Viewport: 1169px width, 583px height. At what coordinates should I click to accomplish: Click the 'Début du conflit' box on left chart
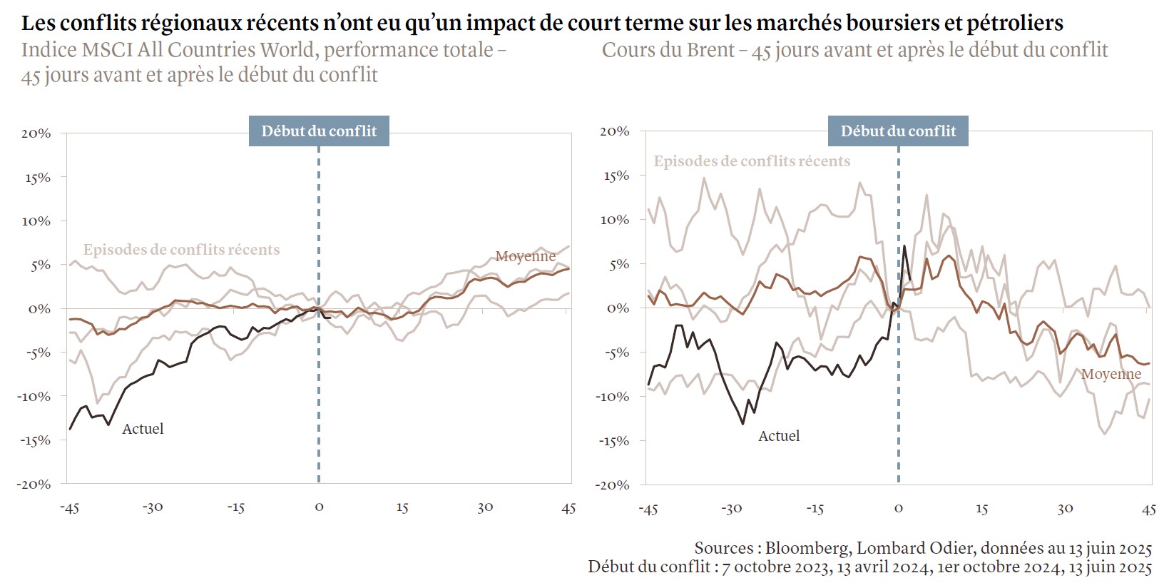(x=319, y=131)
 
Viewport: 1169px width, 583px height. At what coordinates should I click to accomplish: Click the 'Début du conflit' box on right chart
(x=898, y=131)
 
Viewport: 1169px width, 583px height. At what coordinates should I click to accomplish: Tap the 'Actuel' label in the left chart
(x=143, y=429)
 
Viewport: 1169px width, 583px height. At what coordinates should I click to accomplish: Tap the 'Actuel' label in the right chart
(x=779, y=436)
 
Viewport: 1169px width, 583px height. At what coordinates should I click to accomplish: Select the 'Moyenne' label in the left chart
(x=525, y=256)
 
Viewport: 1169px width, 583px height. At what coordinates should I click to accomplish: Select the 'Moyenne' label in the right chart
(x=1111, y=374)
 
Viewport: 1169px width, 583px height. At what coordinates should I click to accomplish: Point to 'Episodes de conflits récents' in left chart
(x=181, y=250)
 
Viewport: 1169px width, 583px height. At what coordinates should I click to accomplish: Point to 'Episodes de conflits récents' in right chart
(x=752, y=161)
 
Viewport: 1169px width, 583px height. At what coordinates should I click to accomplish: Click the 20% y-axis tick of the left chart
(x=36, y=133)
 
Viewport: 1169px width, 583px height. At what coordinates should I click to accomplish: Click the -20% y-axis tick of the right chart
(x=613, y=485)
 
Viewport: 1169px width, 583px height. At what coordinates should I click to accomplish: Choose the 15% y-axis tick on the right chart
(x=616, y=176)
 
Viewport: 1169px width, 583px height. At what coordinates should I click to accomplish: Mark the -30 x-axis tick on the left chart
(x=153, y=507)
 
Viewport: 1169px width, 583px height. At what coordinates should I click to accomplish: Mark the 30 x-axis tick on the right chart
(x=1065, y=509)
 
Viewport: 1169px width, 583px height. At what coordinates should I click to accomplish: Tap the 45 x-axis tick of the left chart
(x=568, y=507)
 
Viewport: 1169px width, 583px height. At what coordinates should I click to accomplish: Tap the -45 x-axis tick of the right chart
(x=648, y=509)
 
